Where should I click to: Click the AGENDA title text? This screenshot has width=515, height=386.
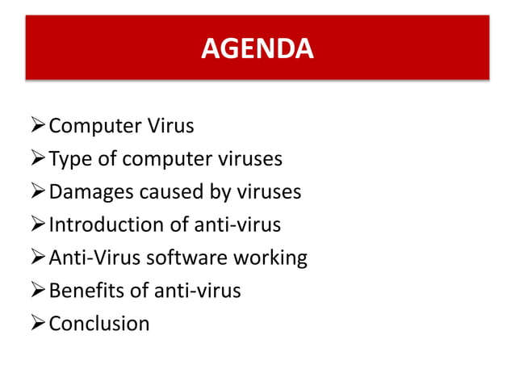coord(257,49)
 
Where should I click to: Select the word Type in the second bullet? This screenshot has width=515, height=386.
coord(70,159)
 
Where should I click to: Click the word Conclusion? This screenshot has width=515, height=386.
coord(99,324)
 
